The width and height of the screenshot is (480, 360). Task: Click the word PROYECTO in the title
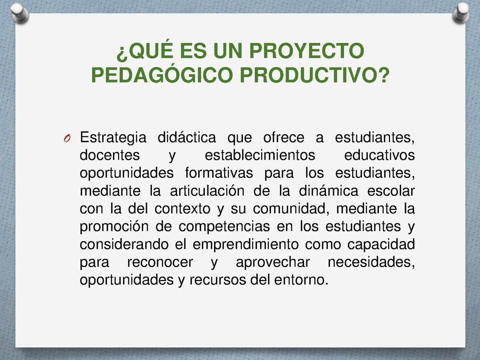(307, 51)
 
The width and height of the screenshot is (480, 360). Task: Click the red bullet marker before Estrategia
(67, 138)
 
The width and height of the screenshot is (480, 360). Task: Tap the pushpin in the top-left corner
(20, 13)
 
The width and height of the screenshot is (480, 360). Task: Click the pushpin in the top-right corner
(461, 13)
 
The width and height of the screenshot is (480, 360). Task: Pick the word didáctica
(187, 137)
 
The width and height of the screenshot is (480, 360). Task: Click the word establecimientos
(260, 155)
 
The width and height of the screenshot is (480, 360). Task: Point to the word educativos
(379, 155)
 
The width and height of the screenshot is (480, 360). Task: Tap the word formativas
(219, 173)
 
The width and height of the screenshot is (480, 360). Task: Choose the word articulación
(207, 191)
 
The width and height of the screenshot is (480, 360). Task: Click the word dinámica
(329, 191)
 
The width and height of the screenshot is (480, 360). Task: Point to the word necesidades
(371, 262)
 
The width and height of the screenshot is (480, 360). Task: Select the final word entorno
(301, 280)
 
